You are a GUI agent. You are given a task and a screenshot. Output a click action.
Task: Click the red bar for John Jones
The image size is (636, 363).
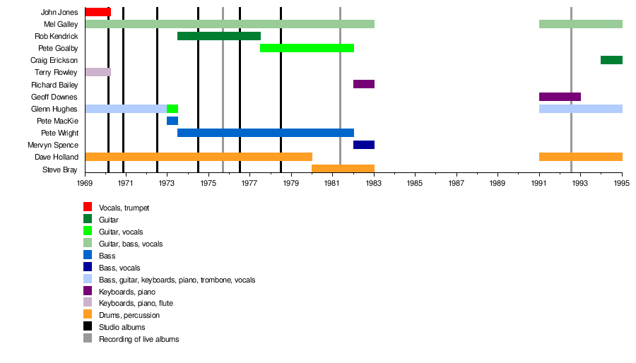point(98,12)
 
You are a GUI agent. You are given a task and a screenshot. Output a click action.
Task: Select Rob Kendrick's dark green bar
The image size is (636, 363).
point(219,36)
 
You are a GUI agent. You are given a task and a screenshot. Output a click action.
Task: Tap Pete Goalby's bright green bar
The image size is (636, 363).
point(307,48)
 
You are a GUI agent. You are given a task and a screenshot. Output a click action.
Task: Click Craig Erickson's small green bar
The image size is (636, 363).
point(611,60)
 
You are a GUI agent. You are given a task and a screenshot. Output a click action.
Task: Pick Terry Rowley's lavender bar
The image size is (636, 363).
point(98,72)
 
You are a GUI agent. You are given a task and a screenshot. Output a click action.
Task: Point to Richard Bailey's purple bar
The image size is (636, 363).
point(364,84)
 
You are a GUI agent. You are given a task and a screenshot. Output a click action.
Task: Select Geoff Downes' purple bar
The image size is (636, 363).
point(560,96)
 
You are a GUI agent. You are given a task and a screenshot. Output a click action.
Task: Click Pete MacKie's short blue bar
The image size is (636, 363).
point(172,121)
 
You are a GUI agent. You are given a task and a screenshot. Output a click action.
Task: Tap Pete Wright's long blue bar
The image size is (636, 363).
point(266,133)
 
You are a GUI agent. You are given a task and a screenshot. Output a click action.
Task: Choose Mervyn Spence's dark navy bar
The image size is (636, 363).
point(364,145)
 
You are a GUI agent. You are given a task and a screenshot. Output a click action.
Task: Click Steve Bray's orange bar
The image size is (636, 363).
point(343,169)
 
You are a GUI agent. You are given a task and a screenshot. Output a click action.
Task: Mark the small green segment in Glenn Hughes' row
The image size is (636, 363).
point(172,109)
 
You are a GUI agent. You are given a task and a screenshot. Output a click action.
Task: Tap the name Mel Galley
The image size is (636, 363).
point(61,25)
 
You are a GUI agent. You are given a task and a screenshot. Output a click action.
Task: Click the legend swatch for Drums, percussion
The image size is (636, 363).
point(88,314)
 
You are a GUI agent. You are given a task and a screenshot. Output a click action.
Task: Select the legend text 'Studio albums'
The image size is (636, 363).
point(122,327)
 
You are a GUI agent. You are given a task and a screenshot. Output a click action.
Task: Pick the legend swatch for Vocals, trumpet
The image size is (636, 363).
point(88,207)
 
